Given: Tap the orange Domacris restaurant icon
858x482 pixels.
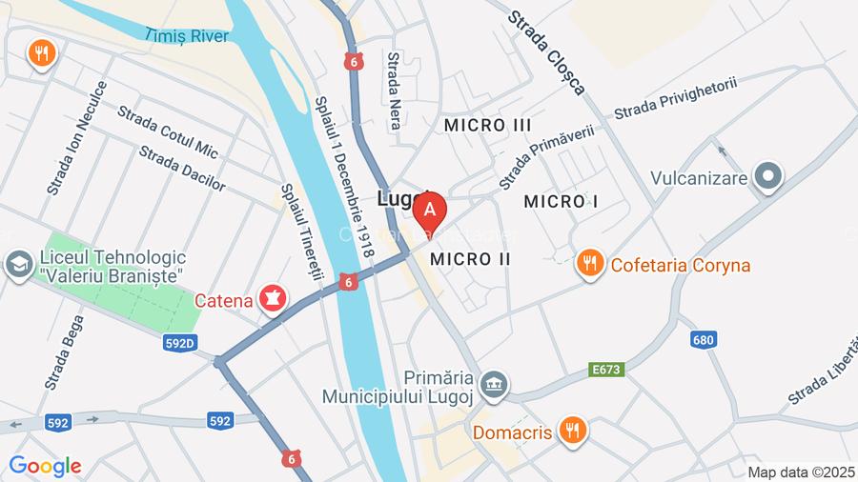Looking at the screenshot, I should [572, 431].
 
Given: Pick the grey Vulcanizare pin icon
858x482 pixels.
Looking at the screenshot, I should [768, 176].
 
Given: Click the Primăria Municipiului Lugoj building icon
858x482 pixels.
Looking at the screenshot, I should [494, 385].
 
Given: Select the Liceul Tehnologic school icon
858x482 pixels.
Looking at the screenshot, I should [17, 265].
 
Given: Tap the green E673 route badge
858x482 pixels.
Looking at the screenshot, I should [606, 369].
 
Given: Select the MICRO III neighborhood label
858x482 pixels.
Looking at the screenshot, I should [488, 125].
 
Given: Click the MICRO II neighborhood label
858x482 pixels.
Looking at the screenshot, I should [471, 259].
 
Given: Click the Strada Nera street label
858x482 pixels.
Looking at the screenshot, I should [394, 84].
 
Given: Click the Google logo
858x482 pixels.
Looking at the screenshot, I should [45, 466].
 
